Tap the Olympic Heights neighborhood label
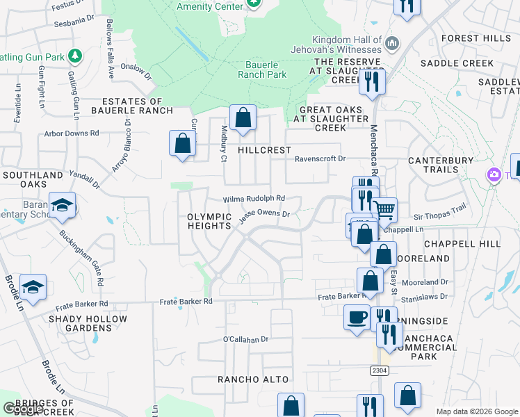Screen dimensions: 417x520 209,221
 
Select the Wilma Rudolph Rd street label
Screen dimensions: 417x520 254,199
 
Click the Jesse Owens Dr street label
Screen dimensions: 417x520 264,216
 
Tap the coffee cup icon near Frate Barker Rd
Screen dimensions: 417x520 357,317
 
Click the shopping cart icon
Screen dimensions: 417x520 384,208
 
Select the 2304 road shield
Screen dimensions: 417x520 379,371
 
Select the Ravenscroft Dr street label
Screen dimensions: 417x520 320,158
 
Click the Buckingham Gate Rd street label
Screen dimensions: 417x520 81,259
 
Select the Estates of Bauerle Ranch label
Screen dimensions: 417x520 137,106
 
